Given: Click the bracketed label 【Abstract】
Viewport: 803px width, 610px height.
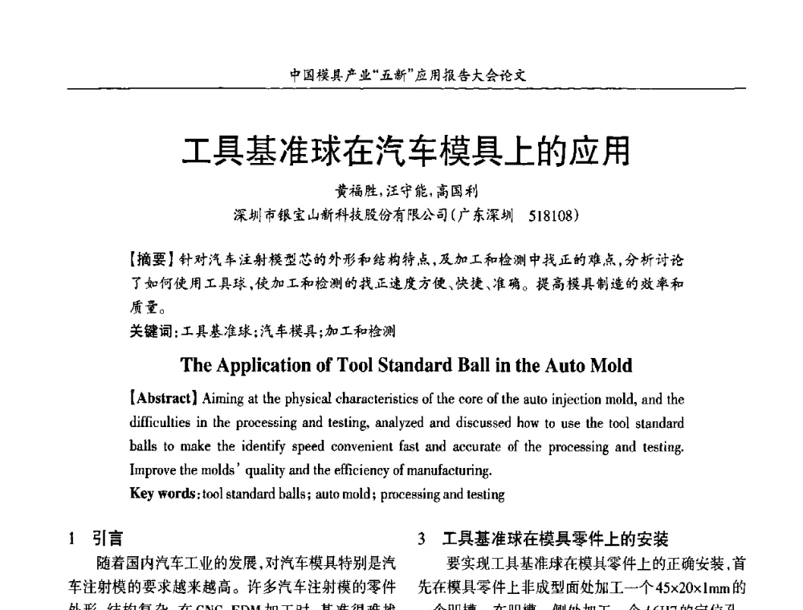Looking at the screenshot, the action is [165, 399].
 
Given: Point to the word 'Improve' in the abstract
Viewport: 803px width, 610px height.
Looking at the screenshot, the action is [151, 469].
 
